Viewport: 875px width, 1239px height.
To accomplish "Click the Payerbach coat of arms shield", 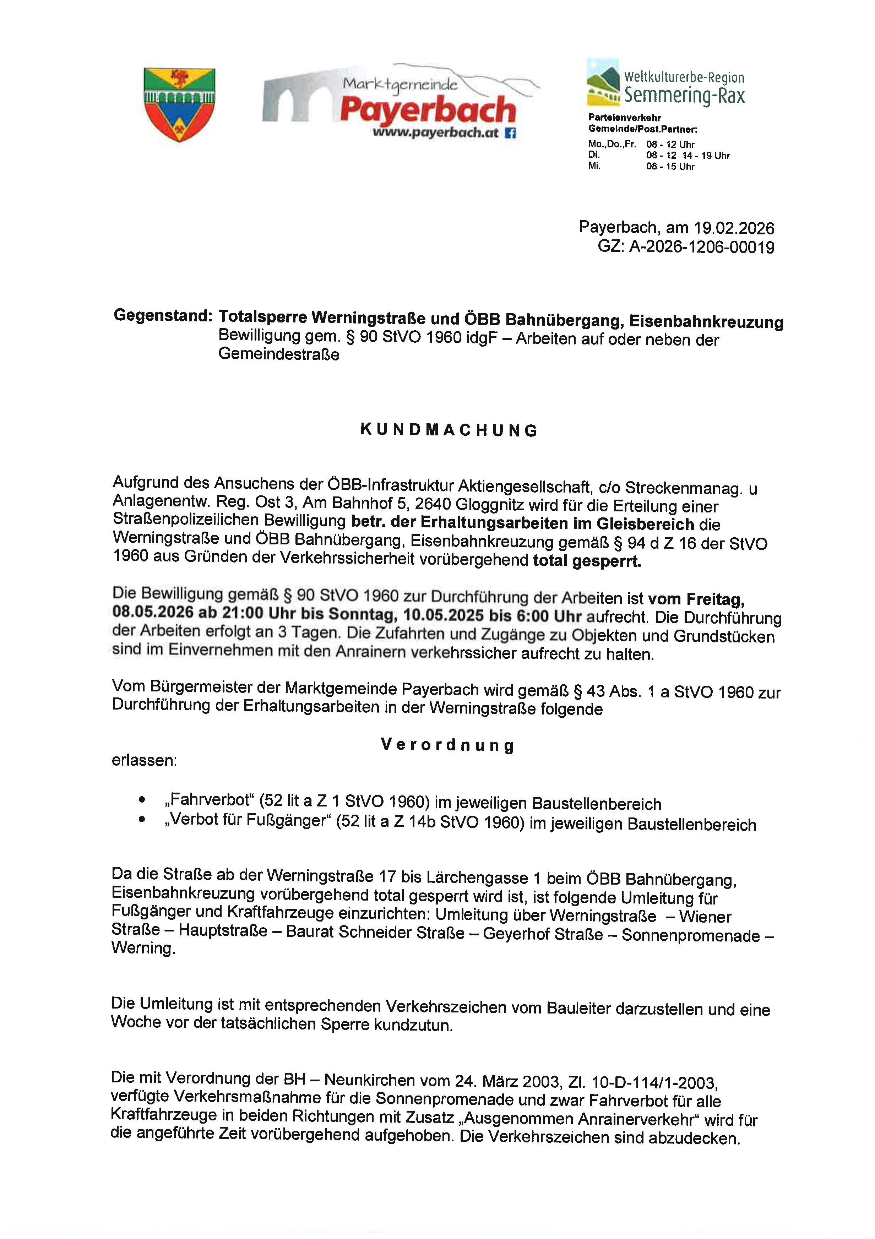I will pyautogui.click(x=179, y=105).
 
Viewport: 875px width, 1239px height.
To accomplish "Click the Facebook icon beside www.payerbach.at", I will pyautogui.click(x=510, y=133).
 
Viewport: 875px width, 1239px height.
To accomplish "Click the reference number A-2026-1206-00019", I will pyautogui.click(x=701, y=247).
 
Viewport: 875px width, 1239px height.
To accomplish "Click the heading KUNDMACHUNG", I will pyautogui.click(x=449, y=430).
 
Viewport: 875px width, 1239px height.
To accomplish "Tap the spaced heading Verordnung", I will pyautogui.click(x=447, y=745).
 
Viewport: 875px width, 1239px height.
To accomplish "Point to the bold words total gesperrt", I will pyautogui.click(x=587, y=561).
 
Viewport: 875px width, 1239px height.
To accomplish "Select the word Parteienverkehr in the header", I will pyautogui.click(x=624, y=118).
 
